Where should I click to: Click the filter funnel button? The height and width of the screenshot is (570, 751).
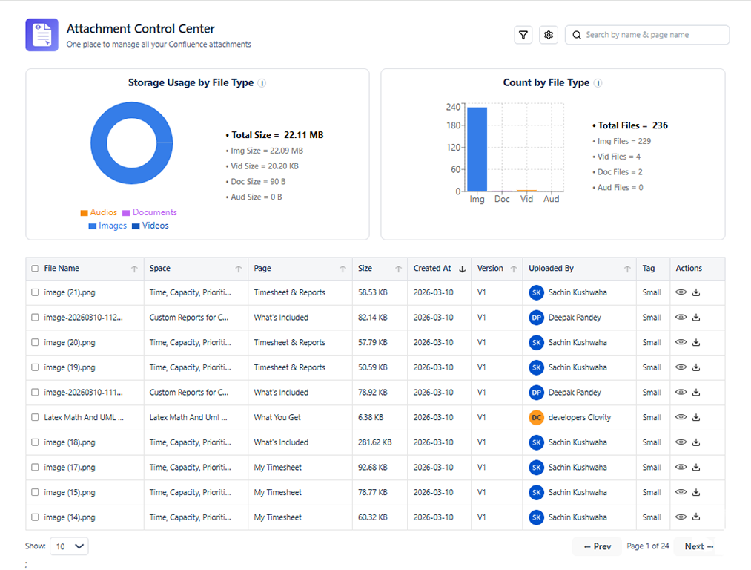coord(523,35)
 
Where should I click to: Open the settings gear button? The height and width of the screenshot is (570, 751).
coord(549,35)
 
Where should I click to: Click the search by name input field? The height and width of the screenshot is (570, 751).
coord(647,35)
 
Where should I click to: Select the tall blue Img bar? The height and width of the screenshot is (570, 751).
coord(477,149)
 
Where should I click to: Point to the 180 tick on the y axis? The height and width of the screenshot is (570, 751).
coord(453,125)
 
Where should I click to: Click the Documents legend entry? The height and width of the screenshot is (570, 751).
coord(150,212)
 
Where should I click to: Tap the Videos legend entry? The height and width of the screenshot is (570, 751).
coord(150,226)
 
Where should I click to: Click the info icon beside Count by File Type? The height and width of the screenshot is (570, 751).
coord(598,83)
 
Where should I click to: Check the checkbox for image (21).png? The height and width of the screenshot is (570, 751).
coord(35,292)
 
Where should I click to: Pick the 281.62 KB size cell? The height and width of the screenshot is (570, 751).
coord(374,442)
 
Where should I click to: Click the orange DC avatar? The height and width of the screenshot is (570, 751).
coord(537,418)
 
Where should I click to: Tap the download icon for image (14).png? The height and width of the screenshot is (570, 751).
coord(696,517)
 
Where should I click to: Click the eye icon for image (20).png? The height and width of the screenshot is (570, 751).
coord(681,342)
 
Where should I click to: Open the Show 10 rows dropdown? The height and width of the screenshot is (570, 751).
coord(69,546)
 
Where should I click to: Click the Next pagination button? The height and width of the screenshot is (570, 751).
coord(699,546)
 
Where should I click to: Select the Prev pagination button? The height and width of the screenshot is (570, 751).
coord(598,546)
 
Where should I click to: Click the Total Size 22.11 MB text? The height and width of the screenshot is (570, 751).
coord(275,135)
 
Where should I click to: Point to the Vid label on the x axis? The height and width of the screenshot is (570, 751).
coord(526,199)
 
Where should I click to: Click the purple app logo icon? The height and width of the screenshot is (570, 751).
coord(42,35)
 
